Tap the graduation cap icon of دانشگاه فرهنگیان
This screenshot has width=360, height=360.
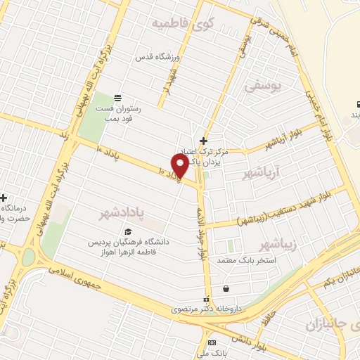[128, 231]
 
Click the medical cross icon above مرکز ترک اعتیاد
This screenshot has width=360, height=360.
[203, 140]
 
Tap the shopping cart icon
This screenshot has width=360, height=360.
[225, 288]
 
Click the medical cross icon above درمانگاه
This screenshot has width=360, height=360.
[4, 198]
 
